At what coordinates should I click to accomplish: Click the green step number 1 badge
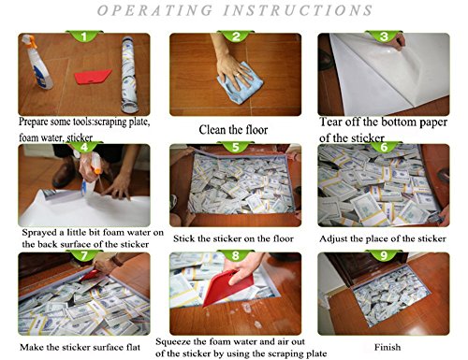pyautogui.click(x=84, y=36)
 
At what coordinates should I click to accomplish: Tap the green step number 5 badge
pyautogui.click(x=236, y=147)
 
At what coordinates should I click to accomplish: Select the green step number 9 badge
pyautogui.click(x=384, y=255)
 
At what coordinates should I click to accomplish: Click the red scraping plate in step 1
pyautogui.click(x=93, y=77)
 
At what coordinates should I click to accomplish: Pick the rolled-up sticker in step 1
pyautogui.click(x=129, y=75)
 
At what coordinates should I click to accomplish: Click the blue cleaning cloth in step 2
pyautogui.click(x=241, y=82)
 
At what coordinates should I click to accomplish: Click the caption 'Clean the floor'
pyautogui.click(x=233, y=130)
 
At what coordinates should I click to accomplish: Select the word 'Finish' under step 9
pyautogui.click(x=388, y=347)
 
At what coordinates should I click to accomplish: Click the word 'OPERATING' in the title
pyautogui.click(x=154, y=10)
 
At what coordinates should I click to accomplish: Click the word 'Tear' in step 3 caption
pyautogui.click(x=331, y=122)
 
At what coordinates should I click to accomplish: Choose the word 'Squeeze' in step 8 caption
pyautogui.click(x=173, y=342)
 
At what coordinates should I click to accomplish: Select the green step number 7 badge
pyautogui.click(x=84, y=255)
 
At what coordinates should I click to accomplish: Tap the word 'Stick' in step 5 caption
pyautogui.click(x=183, y=238)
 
